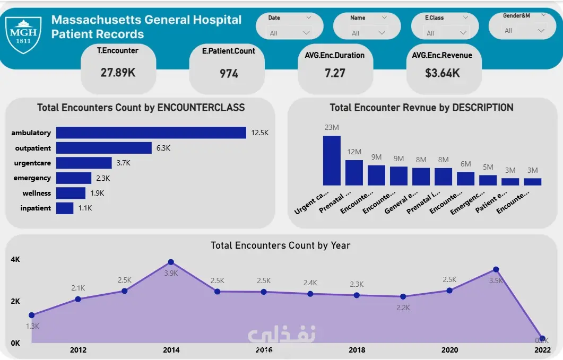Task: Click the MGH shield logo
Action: (x=22, y=34)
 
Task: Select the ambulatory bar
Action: (x=151, y=133)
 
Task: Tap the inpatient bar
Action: (x=65, y=208)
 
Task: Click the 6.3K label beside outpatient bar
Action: (x=163, y=148)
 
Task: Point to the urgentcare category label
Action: (x=33, y=163)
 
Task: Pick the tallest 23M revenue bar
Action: (x=332, y=160)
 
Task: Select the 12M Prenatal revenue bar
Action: (x=354, y=172)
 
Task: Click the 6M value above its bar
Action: (x=465, y=164)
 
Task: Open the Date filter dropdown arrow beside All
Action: (x=306, y=33)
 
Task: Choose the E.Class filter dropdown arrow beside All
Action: (x=463, y=33)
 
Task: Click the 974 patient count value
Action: (x=229, y=74)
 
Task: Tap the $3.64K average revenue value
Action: (x=443, y=73)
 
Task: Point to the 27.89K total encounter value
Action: (x=118, y=73)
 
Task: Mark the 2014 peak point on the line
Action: (x=171, y=262)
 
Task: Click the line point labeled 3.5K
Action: (x=496, y=269)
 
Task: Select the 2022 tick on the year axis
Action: (x=542, y=350)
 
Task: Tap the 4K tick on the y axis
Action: (x=15, y=260)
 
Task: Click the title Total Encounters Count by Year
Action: (x=280, y=245)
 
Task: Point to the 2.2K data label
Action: (x=403, y=308)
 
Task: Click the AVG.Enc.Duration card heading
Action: (x=334, y=55)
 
